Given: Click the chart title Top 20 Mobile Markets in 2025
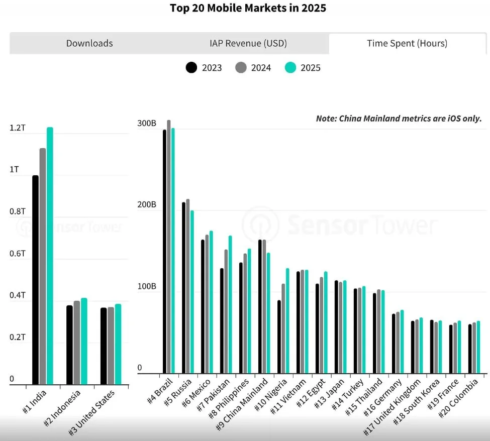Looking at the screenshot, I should point(248,8).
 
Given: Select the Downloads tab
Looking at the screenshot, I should point(89,43).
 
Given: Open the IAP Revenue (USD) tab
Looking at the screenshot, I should point(248,43).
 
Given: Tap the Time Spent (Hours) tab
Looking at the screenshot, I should point(407,43).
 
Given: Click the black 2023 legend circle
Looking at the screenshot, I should point(191,67).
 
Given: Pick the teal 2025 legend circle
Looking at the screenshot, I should point(290,67).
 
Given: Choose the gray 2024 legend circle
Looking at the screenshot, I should point(241,67).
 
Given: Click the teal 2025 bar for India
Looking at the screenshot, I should point(50,256).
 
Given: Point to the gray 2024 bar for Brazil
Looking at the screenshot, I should point(169,247).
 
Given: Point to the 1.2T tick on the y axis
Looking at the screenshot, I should point(17,128).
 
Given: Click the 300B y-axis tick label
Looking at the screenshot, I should point(147,124).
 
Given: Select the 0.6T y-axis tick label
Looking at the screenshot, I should point(17,254).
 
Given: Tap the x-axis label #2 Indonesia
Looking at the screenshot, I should point(62,407).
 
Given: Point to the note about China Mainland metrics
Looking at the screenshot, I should point(399,119).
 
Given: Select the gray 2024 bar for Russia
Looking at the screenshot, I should point(188,286).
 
